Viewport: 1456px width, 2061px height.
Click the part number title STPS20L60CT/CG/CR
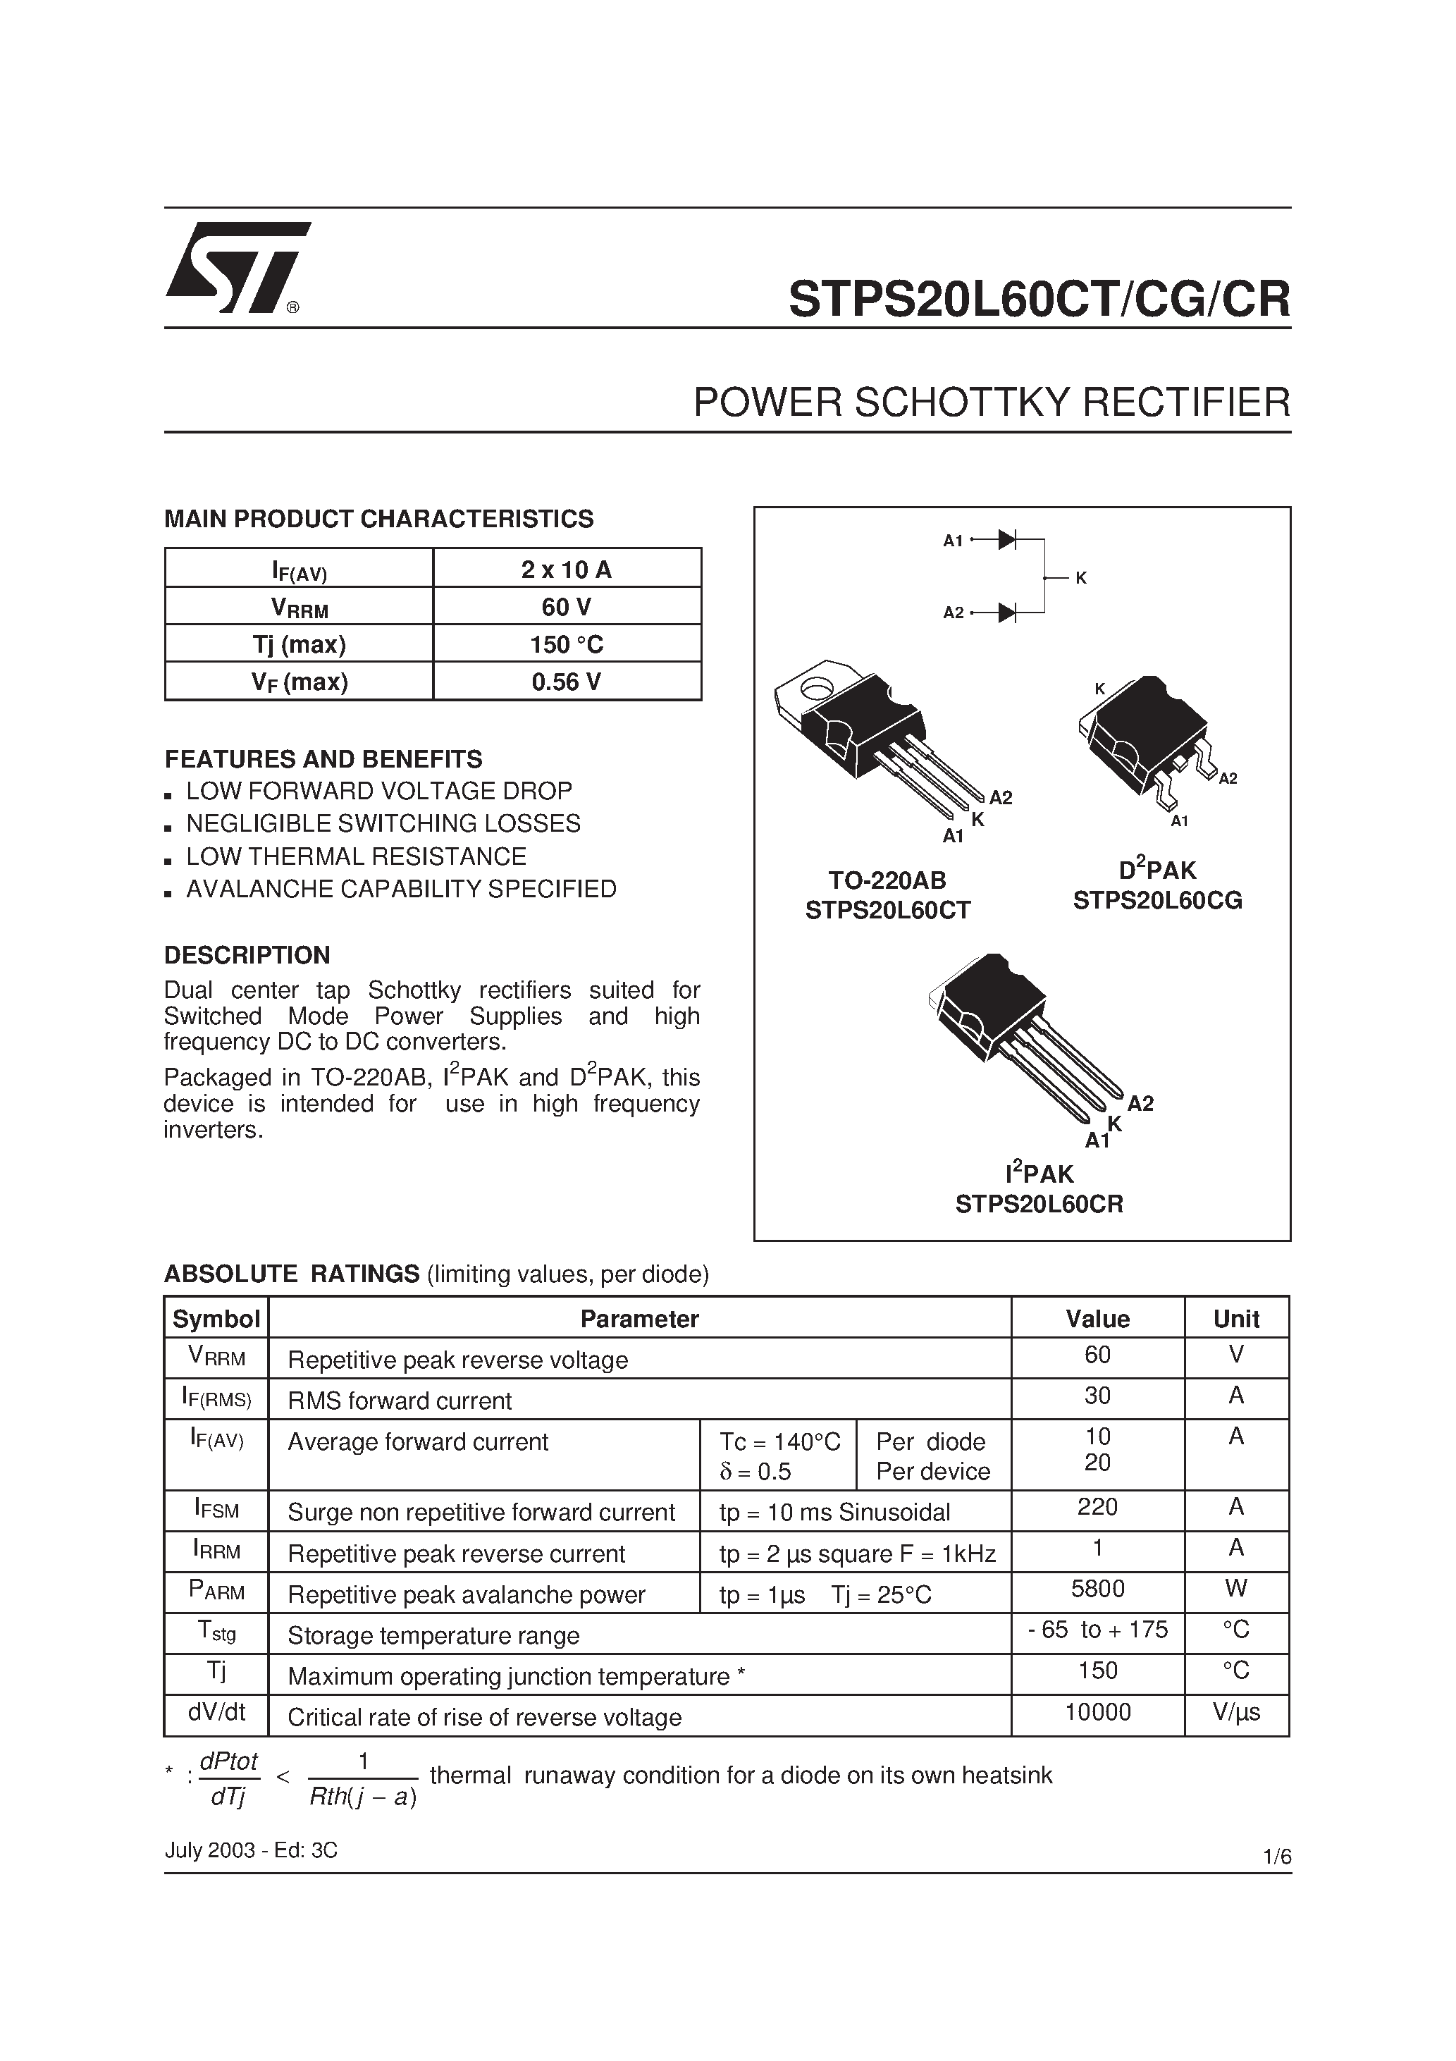click(x=1039, y=300)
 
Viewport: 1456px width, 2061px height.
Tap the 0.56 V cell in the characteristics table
click(x=567, y=682)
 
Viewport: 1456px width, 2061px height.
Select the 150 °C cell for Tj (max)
click(x=567, y=644)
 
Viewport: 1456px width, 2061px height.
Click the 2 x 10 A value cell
click(x=567, y=569)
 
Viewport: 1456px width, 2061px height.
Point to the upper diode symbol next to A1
click(x=1006, y=539)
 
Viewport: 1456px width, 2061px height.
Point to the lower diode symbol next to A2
click(x=1006, y=613)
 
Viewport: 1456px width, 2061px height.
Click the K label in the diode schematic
click(x=1081, y=578)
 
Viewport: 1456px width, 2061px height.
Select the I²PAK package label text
click(x=1039, y=1173)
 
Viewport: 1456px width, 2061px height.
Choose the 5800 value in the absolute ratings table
click(x=1097, y=1589)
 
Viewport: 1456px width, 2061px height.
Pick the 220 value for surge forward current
click(x=1097, y=1506)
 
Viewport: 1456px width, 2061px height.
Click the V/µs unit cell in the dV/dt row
click(x=1236, y=1712)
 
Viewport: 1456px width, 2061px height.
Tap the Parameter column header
click(x=639, y=1319)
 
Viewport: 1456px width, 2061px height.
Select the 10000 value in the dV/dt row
click(x=1097, y=1712)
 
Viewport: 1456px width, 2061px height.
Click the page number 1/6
click(x=1276, y=1857)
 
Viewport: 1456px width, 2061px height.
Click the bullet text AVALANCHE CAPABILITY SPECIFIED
click(x=400, y=889)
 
